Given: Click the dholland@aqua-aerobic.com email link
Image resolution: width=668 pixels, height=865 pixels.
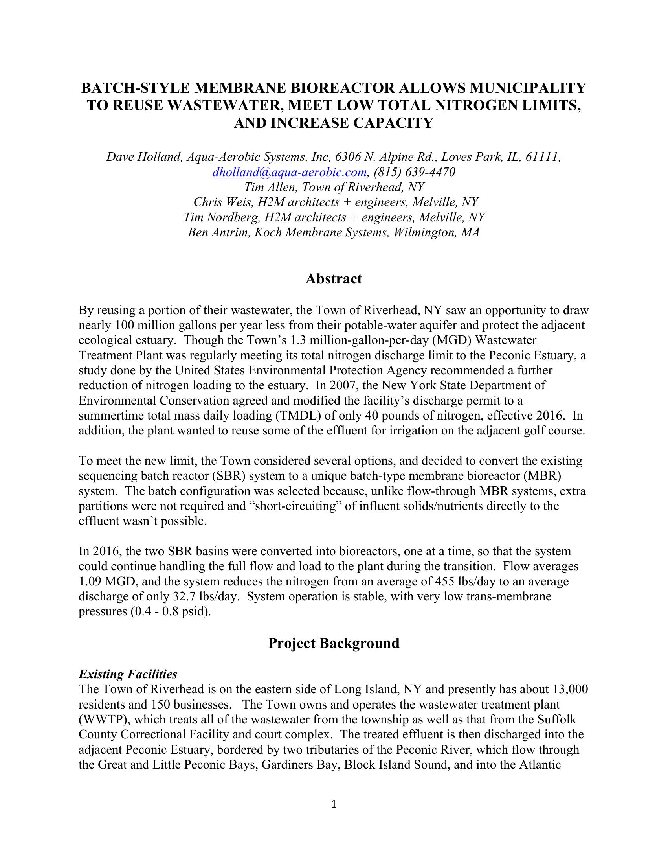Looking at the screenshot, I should pyautogui.click(x=290, y=172).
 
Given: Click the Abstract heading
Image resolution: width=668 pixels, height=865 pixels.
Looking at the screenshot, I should pyautogui.click(x=334, y=279).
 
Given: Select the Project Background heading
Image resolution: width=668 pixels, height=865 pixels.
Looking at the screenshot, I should pyautogui.click(x=334, y=643).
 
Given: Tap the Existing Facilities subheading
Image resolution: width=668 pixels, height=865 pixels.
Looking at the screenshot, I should pyautogui.click(x=128, y=674).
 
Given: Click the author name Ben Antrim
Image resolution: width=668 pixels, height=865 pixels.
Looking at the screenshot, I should pyautogui.click(x=218, y=232).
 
